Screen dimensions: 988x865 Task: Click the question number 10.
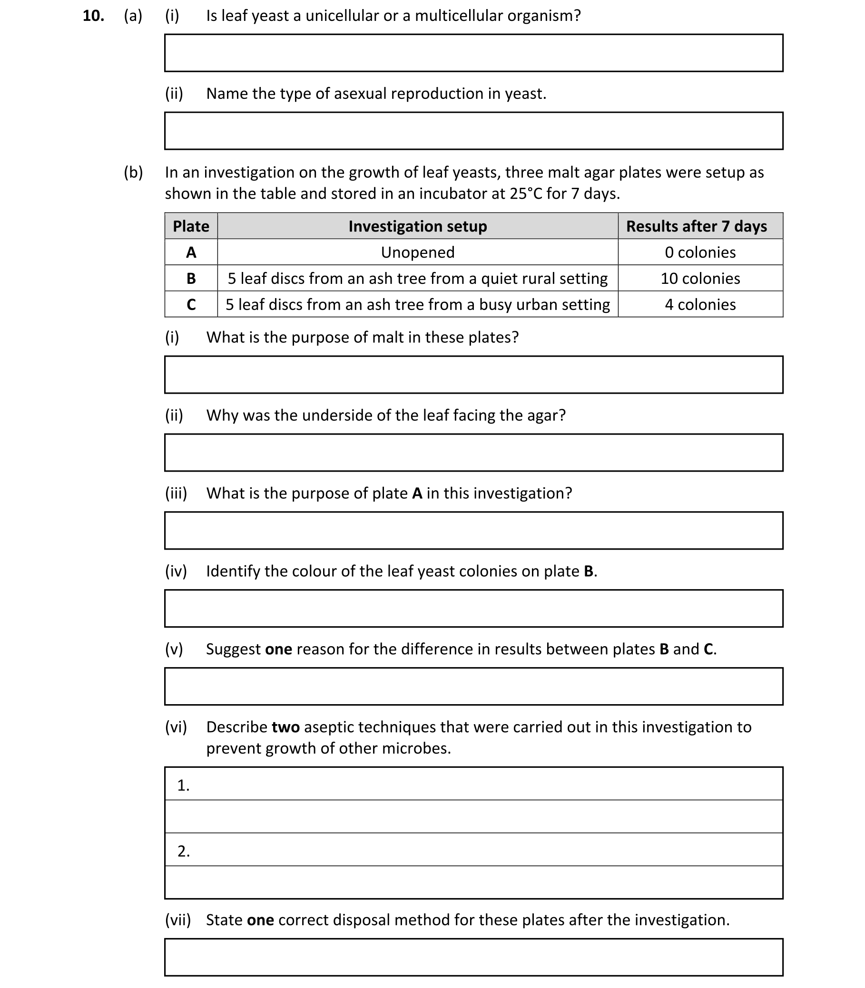click(93, 16)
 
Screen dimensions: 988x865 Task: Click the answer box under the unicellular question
click(473, 53)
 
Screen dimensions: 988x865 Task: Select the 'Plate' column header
click(191, 226)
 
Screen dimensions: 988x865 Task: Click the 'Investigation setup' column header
click(418, 226)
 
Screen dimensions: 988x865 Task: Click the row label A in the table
click(191, 252)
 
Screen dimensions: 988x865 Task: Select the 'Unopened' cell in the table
click(418, 252)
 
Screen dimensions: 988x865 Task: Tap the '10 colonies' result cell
click(700, 278)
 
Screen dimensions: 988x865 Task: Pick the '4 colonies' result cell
click(700, 304)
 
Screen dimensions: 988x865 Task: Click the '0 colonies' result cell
click(700, 252)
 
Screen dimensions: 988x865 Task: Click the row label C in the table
click(191, 304)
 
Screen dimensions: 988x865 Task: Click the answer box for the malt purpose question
click(473, 375)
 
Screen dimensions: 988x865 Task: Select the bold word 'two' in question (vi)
click(285, 727)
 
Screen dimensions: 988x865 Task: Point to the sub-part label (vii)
click(177, 920)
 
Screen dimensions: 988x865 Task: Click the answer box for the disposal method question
click(473, 957)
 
